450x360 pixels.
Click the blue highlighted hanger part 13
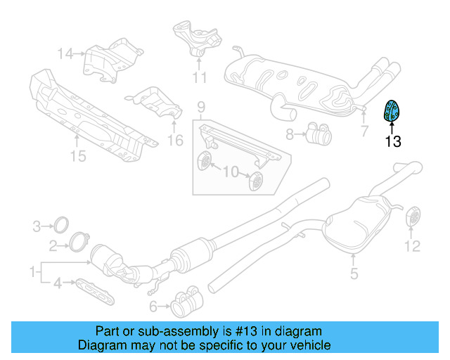tap(392, 111)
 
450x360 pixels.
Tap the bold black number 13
tap(392, 141)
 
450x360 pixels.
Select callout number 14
tap(65, 53)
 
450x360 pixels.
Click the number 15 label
tap(78, 156)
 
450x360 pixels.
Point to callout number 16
tap(175, 141)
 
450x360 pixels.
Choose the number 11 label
tap(200, 77)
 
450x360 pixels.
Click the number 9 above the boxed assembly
tap(201, 107)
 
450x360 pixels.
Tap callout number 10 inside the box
tap(231, 172)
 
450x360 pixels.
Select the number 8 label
tap(290, 134)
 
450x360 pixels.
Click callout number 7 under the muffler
tap(364, 131)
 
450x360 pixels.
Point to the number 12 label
tap(413, 246)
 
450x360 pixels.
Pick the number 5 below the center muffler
tap(354, 274)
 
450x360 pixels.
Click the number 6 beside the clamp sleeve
tap(153, 307)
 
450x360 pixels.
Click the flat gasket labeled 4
tap(95, 291)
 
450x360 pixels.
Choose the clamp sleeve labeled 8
tap(319, 134)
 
